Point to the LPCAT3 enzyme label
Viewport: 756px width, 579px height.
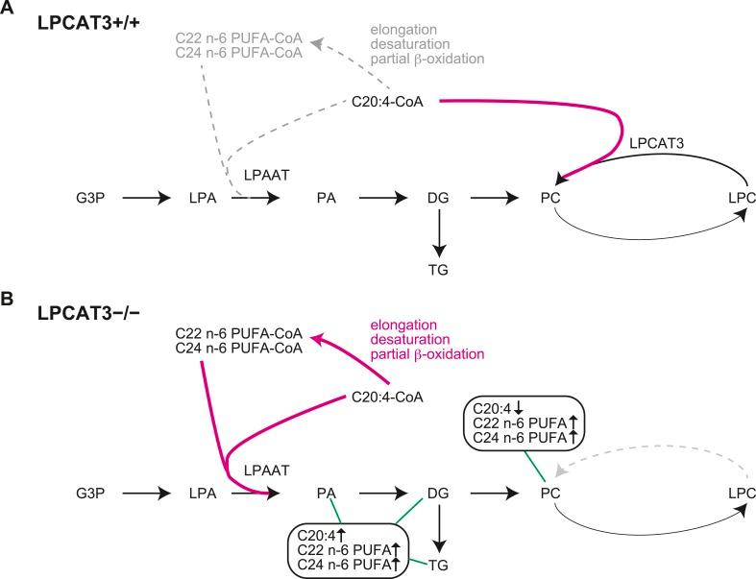(660, 142)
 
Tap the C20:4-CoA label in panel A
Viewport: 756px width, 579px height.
(389, 101)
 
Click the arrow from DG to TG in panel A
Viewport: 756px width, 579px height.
(439, 233)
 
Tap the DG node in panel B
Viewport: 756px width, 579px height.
(439, 494)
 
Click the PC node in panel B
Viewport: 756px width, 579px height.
(550, 494)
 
